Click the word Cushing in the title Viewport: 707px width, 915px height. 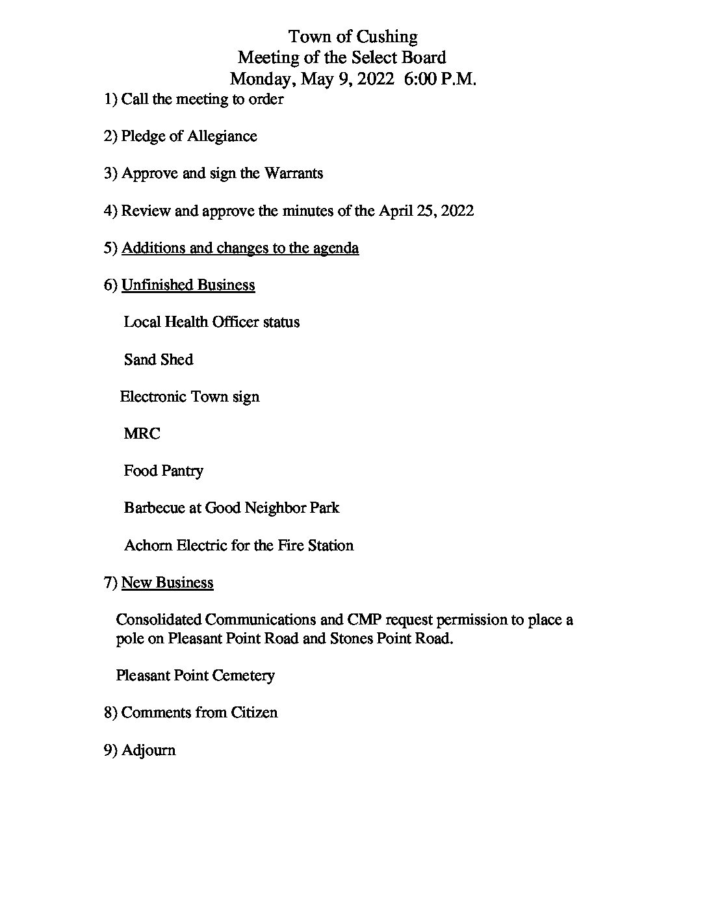[x=387, y=36]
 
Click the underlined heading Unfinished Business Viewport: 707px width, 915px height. [x=188, y=285]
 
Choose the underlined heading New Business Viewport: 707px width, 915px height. [x=167, y=583]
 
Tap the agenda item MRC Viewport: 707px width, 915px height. [x=142, y=434]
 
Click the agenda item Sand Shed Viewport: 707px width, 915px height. [x=159, y=360]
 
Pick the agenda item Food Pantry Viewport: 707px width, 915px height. [x=163, y=471]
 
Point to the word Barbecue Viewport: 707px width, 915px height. [x=154, y=508]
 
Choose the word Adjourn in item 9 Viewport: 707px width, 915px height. [x=148, y=751]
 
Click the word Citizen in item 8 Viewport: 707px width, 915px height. [x=253, y=713]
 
